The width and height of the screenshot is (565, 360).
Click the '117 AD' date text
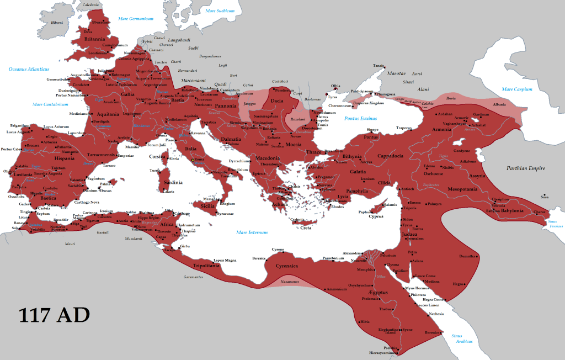pos(54,315)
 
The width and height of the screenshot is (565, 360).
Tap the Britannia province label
pos(94,39)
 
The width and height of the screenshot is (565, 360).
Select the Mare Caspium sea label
pos(516,89)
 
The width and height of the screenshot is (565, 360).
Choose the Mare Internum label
pos(252,232)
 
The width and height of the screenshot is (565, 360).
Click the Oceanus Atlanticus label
pos(29,69)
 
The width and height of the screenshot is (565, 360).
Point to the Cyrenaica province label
pos(283,266)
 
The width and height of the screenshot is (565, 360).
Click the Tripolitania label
pos(205,266)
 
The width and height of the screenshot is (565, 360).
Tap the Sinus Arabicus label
pos(461,338)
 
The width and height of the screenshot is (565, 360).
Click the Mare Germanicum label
pos(135,19)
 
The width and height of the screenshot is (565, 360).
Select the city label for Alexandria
pos(351,253)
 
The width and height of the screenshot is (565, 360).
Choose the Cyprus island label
pos(376,216)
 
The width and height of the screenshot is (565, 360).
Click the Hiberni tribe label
pos(57,23)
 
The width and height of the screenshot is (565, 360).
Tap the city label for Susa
pos(545,197)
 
